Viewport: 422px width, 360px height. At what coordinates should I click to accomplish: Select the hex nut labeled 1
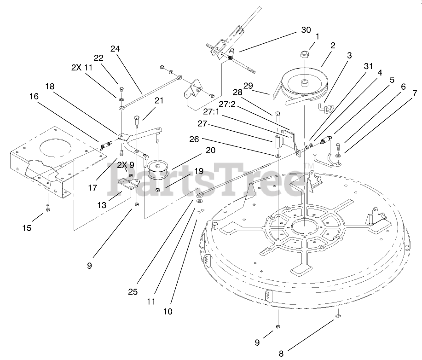point(305,54)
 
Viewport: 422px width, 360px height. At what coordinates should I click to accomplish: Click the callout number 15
point(27,227)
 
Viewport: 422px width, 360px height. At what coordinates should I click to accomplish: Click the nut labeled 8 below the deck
point(338,316)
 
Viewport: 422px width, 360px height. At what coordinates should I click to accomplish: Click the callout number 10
point(168,312)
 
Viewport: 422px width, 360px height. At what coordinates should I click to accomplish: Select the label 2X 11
point(82,67)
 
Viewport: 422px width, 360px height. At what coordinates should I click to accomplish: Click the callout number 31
point(368,65)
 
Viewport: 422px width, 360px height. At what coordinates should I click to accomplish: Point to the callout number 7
point(415,93)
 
